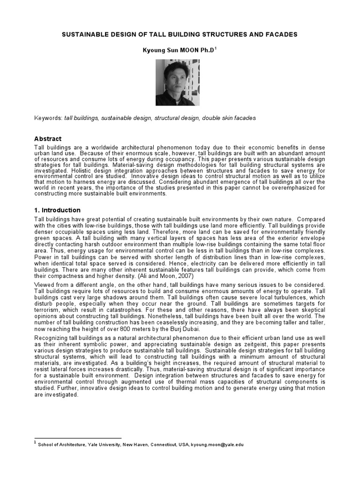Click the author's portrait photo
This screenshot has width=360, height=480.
click(177, 82)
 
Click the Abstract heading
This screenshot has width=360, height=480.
click(48, 139)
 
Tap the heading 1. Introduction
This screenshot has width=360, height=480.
click(58, 210)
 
